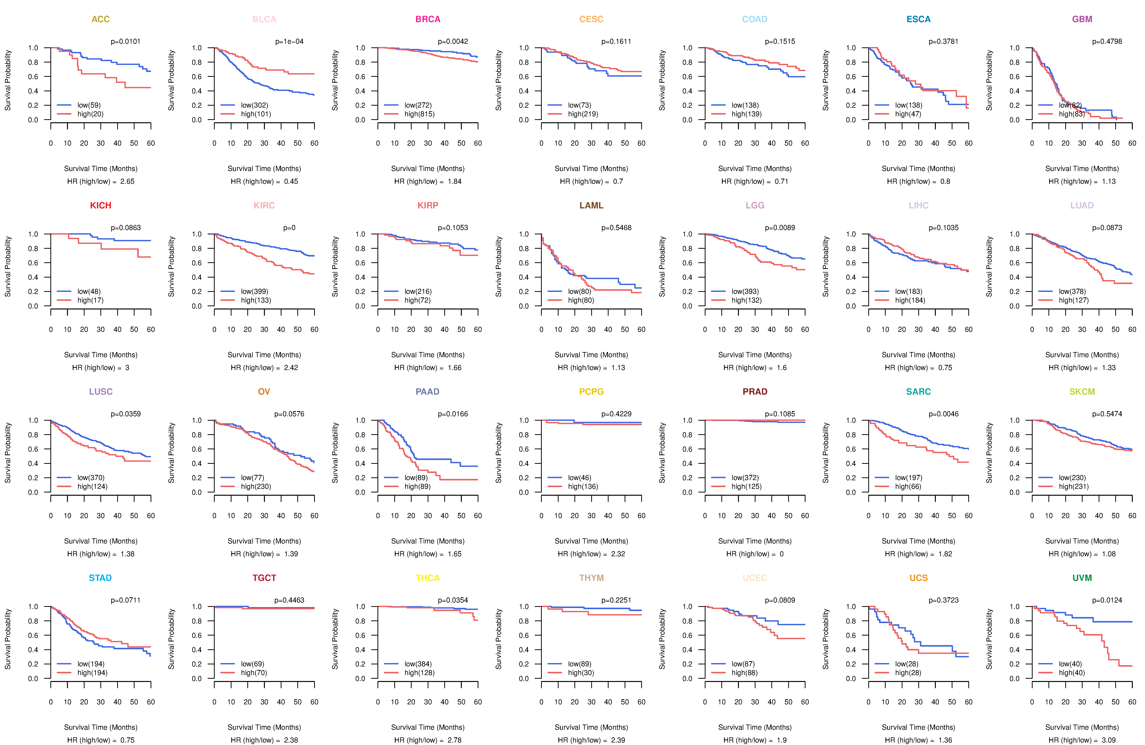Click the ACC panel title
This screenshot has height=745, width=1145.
click(101, 19)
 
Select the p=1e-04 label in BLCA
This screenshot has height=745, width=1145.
click(289, 41)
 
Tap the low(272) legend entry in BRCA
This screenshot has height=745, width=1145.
click(418, 105)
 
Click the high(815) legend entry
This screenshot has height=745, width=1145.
click(419, 114)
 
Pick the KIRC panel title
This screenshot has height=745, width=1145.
click(264, 206)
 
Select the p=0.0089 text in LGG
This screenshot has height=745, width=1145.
click(780, 228)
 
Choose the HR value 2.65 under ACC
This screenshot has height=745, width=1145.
click(127, 181)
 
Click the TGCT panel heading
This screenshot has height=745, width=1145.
click(264, 578)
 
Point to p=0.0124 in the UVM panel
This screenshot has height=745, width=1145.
click(1107, 600)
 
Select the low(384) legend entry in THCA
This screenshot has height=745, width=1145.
click(418, 664)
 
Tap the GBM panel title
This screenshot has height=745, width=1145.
click(1082, 19)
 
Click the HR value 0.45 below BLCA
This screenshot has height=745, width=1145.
click(291, 181)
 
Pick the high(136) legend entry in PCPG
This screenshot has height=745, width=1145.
click(583, 486)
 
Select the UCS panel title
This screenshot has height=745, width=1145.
click(918, 578)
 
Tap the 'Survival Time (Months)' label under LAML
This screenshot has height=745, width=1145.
click(591, 355)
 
